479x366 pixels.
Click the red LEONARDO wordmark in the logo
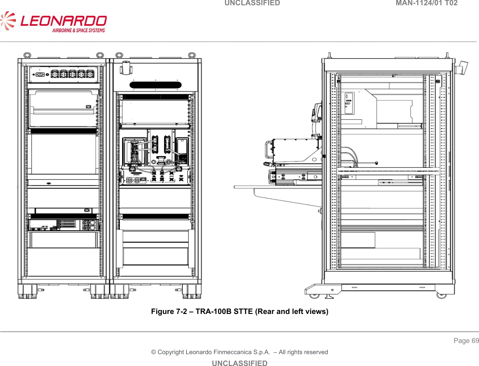64,21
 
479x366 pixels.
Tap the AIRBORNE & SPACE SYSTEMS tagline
78,30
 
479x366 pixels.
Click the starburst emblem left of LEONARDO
8,21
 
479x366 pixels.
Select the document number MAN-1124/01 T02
426,3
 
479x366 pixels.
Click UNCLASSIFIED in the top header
252,3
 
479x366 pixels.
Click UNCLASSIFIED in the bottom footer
239,363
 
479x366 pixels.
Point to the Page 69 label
466,341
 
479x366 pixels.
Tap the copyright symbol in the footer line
154,352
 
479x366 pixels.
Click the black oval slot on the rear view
155,85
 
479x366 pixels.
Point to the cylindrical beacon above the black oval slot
126,68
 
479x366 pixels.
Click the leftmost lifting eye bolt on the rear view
27,55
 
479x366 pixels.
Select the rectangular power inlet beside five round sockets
40,74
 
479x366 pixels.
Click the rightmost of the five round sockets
90,74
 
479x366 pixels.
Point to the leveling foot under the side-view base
329,296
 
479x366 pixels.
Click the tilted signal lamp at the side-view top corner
462,68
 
